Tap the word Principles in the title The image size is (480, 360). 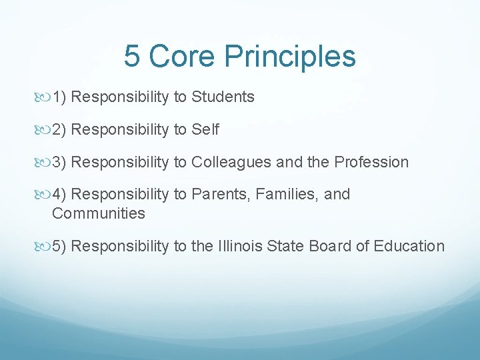click(x=290, y=57)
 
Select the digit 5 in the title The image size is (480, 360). click(x=132, y=57)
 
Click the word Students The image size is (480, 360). click(x=223, y=97)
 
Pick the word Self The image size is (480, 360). click(x=205, y=129)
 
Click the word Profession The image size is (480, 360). click(x=371, y=162)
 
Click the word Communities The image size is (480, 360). click(x=98, y=213)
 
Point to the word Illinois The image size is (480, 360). click(x=241, y=246)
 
